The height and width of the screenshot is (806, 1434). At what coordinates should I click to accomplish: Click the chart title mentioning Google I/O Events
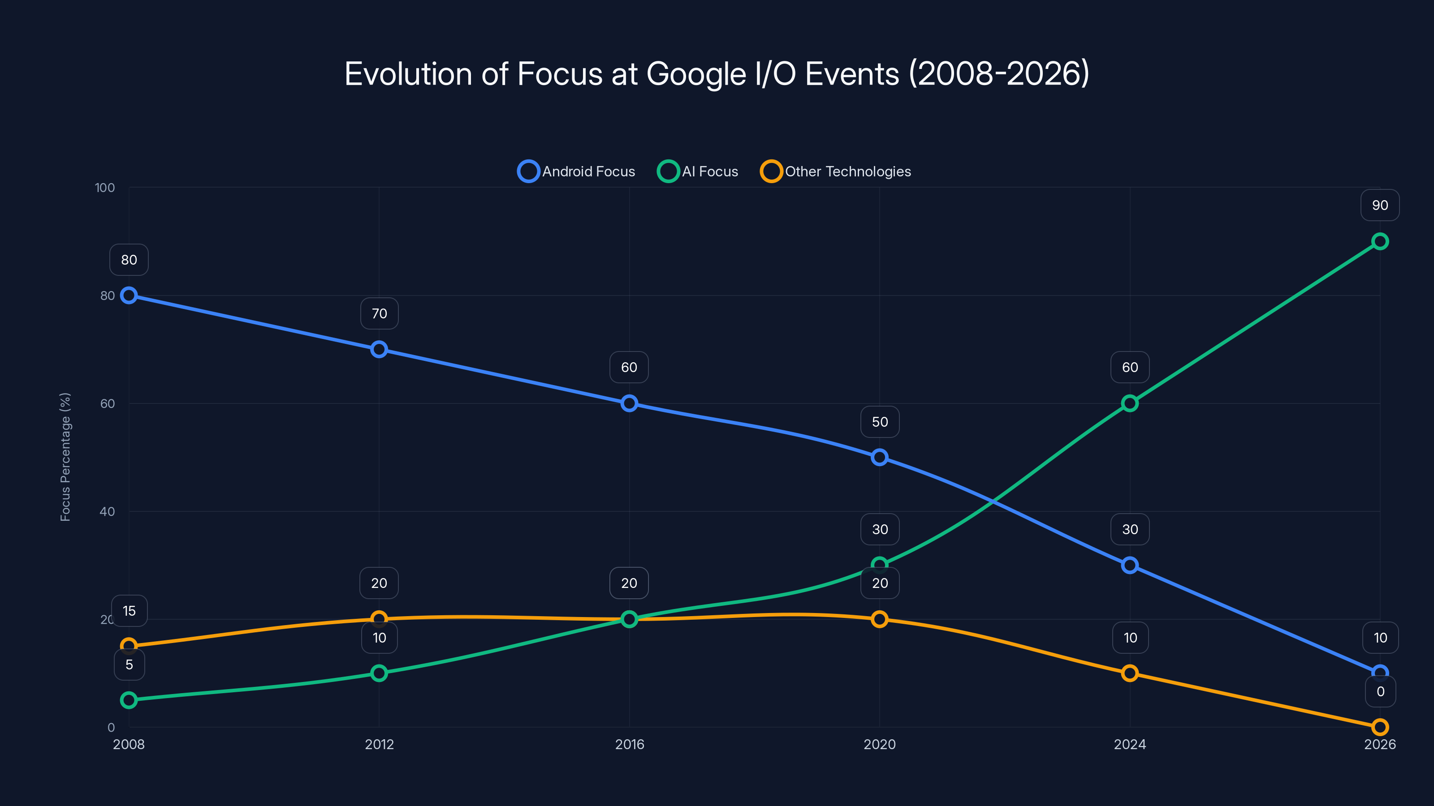point(717,74)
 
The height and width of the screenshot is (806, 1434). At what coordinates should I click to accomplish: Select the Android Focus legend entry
point(577,171)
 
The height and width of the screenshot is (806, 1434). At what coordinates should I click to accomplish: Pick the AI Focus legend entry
point(698,171)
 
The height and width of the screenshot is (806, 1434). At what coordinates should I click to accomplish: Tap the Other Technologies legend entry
point(836,171)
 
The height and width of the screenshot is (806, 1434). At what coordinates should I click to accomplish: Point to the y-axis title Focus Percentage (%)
point(65,457)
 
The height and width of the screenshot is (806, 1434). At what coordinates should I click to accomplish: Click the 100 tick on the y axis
point(105,188)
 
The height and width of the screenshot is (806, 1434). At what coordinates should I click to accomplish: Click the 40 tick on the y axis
point(107,511)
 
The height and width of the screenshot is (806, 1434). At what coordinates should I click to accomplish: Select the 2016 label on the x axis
point(629,744)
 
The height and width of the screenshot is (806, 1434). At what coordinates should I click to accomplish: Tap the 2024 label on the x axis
point(1129,744)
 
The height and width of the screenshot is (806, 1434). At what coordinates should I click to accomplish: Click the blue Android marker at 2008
point(129,296)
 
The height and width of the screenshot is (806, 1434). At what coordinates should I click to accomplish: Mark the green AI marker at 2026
point(1379,241)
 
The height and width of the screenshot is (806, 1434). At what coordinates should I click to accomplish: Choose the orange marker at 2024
point(1129,673)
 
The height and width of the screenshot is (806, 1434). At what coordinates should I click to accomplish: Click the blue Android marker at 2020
point(879,457)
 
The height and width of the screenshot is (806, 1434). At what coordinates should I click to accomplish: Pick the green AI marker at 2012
point(379,673)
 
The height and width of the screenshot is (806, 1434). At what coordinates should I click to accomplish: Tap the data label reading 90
point(1379,205)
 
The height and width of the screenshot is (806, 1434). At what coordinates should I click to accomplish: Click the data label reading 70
point(379,314)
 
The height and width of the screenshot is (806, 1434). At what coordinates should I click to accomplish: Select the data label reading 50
point(880,422)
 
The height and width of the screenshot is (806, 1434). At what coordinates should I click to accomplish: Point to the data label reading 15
point(129,611)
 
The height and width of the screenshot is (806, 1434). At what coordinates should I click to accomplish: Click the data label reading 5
point(129,665)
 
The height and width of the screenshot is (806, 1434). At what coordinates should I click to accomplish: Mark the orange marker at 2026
point(1379,726)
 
